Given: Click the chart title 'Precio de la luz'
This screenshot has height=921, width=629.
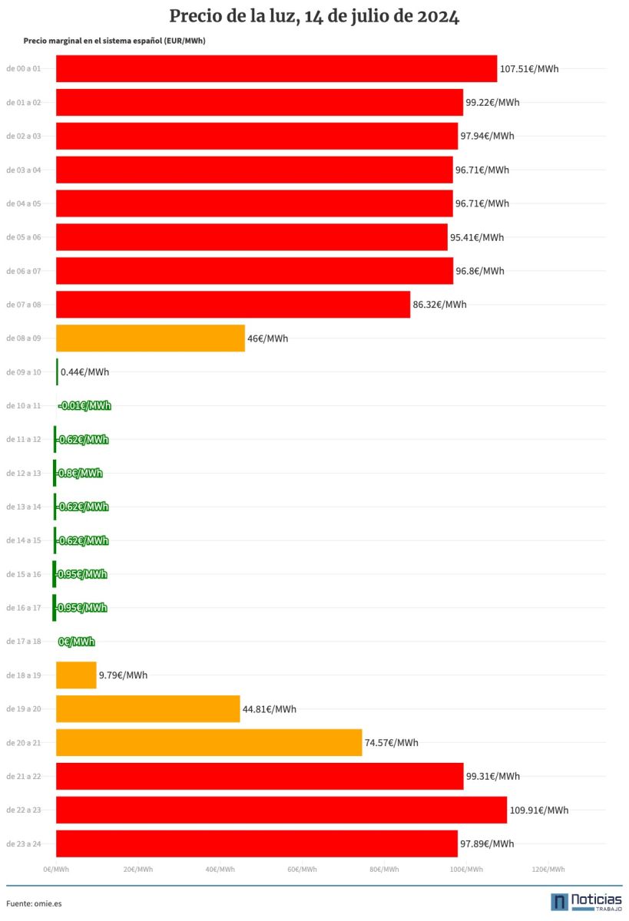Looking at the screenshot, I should [x=314, y=17].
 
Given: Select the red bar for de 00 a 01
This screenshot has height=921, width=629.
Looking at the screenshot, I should [x=276, y=68].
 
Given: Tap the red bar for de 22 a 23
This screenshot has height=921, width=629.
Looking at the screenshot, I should [x=281, y=810].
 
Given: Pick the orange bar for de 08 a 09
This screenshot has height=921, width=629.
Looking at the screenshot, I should [x=151, y=338].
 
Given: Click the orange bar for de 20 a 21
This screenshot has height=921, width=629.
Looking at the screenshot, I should [x=209, y=742].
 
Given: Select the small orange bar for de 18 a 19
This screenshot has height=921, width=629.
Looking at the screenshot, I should [x=76, y=675].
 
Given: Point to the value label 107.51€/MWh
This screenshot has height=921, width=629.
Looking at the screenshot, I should [x=529, y=69].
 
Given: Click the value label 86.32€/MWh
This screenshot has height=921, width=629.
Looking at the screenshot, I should [x=439, y=305].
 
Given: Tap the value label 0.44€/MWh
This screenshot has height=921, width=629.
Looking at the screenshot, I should [x=84, y=372].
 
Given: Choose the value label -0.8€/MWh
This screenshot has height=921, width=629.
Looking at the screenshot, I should [x=79, y=474].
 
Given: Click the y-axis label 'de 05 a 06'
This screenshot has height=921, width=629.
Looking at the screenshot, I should [x=24, y=237].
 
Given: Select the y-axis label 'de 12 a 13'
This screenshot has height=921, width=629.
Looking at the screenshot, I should [x=24, y=474].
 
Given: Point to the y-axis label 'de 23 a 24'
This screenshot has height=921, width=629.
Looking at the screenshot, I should [x=24, y=844].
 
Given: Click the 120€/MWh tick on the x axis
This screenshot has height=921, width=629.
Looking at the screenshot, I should [x=548, y=870].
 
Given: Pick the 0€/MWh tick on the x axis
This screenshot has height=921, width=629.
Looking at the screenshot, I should [x=56, y=870].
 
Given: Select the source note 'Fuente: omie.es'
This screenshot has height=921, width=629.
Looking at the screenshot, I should [x=34, y=903].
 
